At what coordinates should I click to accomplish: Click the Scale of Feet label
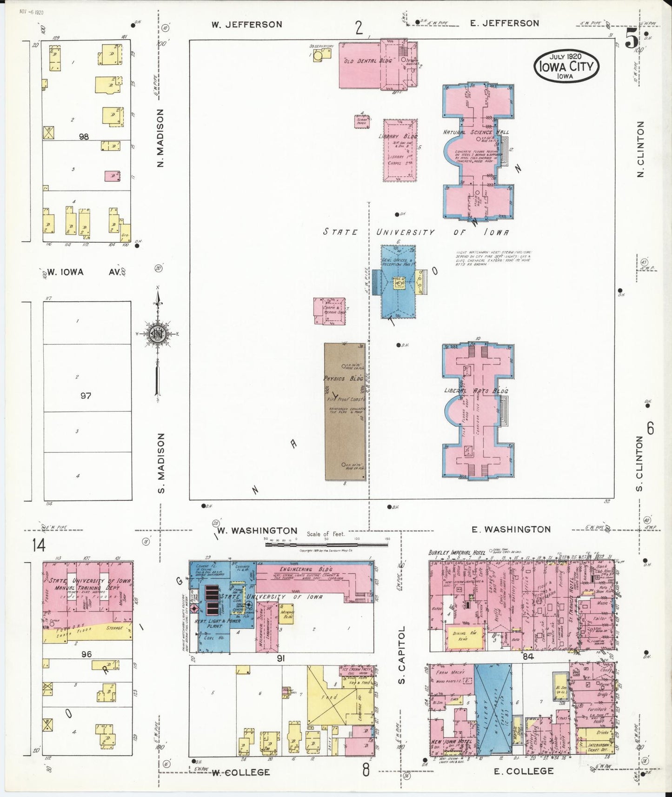point(326,534)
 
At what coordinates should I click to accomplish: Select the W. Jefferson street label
point(246,25)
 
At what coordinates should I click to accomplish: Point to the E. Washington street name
point(511,529)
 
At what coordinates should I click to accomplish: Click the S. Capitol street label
point(403,655)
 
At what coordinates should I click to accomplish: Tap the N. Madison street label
point(160,138)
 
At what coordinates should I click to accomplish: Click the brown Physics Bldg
point(345,412)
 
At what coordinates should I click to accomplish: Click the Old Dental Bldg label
point(361,61)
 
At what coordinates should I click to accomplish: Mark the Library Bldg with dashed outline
point(400,150)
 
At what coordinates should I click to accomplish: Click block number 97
point(86,396)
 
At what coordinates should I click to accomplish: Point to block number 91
point(280,658)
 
